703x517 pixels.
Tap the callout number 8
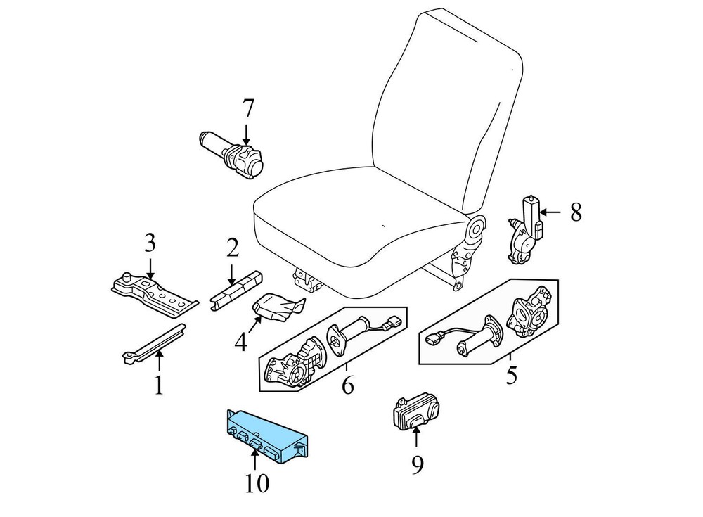pos(576,212)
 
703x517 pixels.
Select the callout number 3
pos(150,243)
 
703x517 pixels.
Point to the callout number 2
pos(232,248)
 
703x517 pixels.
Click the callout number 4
pos(240,342)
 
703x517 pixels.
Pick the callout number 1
pos(159,385)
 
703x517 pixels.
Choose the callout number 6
pos(347,385)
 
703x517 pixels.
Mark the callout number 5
pos(511,375)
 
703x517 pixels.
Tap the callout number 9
pos(417,465)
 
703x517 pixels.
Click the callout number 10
pos(257,483)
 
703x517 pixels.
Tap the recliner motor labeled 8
pos(525,229)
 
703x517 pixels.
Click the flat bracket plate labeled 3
pos(155,294)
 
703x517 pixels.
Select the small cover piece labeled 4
pos(278,307)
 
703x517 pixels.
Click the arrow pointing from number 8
pos(550,212)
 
